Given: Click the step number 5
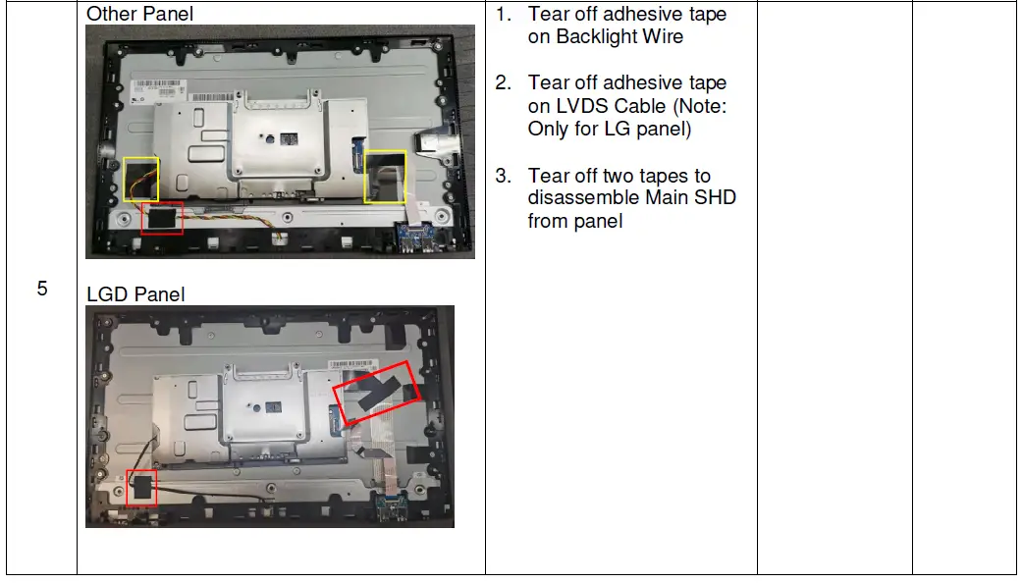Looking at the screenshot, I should pos(42,290).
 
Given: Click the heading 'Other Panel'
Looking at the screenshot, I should pos(139,15).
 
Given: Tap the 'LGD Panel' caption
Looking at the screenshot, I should pos(135,294).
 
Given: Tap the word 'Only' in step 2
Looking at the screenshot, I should pos(548,129).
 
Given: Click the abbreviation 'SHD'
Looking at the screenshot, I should pos(716,198).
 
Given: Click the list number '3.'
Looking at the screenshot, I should pos(504,176).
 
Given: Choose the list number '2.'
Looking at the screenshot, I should pos(504,83).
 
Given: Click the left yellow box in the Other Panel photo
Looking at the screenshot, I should pos(139,178).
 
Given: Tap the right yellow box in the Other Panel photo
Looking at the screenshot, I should pos(385,176).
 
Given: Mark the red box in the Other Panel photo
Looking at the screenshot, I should pos(163,219).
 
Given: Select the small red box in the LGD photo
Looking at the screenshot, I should pos(143,488).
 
